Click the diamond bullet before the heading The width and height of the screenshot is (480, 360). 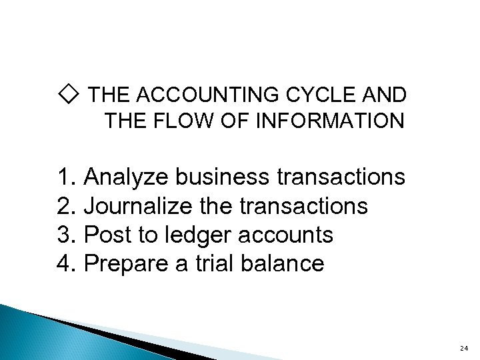[69, 95]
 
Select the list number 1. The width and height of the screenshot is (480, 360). [65, 178]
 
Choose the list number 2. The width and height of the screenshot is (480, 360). [65, 207]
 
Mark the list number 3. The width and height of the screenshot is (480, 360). [65, 235]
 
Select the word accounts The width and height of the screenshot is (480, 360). [298, 235]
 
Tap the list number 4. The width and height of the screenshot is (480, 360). [65, 264]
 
